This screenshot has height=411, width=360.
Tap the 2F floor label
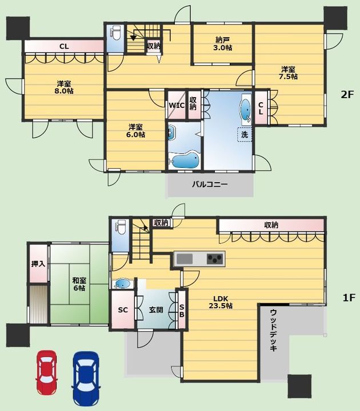347,94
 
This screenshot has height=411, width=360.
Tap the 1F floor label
349,297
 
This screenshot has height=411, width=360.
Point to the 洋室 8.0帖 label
64,87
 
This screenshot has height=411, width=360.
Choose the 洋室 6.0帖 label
135,131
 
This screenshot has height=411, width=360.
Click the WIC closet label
177,106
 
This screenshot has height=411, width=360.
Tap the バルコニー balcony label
210,184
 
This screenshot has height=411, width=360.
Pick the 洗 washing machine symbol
245,135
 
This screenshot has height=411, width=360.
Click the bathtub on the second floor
185,160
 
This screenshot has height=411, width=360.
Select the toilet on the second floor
115,33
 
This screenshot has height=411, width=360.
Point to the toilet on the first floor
121,227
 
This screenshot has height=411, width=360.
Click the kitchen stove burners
215,259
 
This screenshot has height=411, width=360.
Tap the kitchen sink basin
185,259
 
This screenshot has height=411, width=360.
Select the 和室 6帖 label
79,284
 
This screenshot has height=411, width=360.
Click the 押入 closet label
38,263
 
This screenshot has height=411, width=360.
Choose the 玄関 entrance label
156,310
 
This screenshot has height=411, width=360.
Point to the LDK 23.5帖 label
221,302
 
